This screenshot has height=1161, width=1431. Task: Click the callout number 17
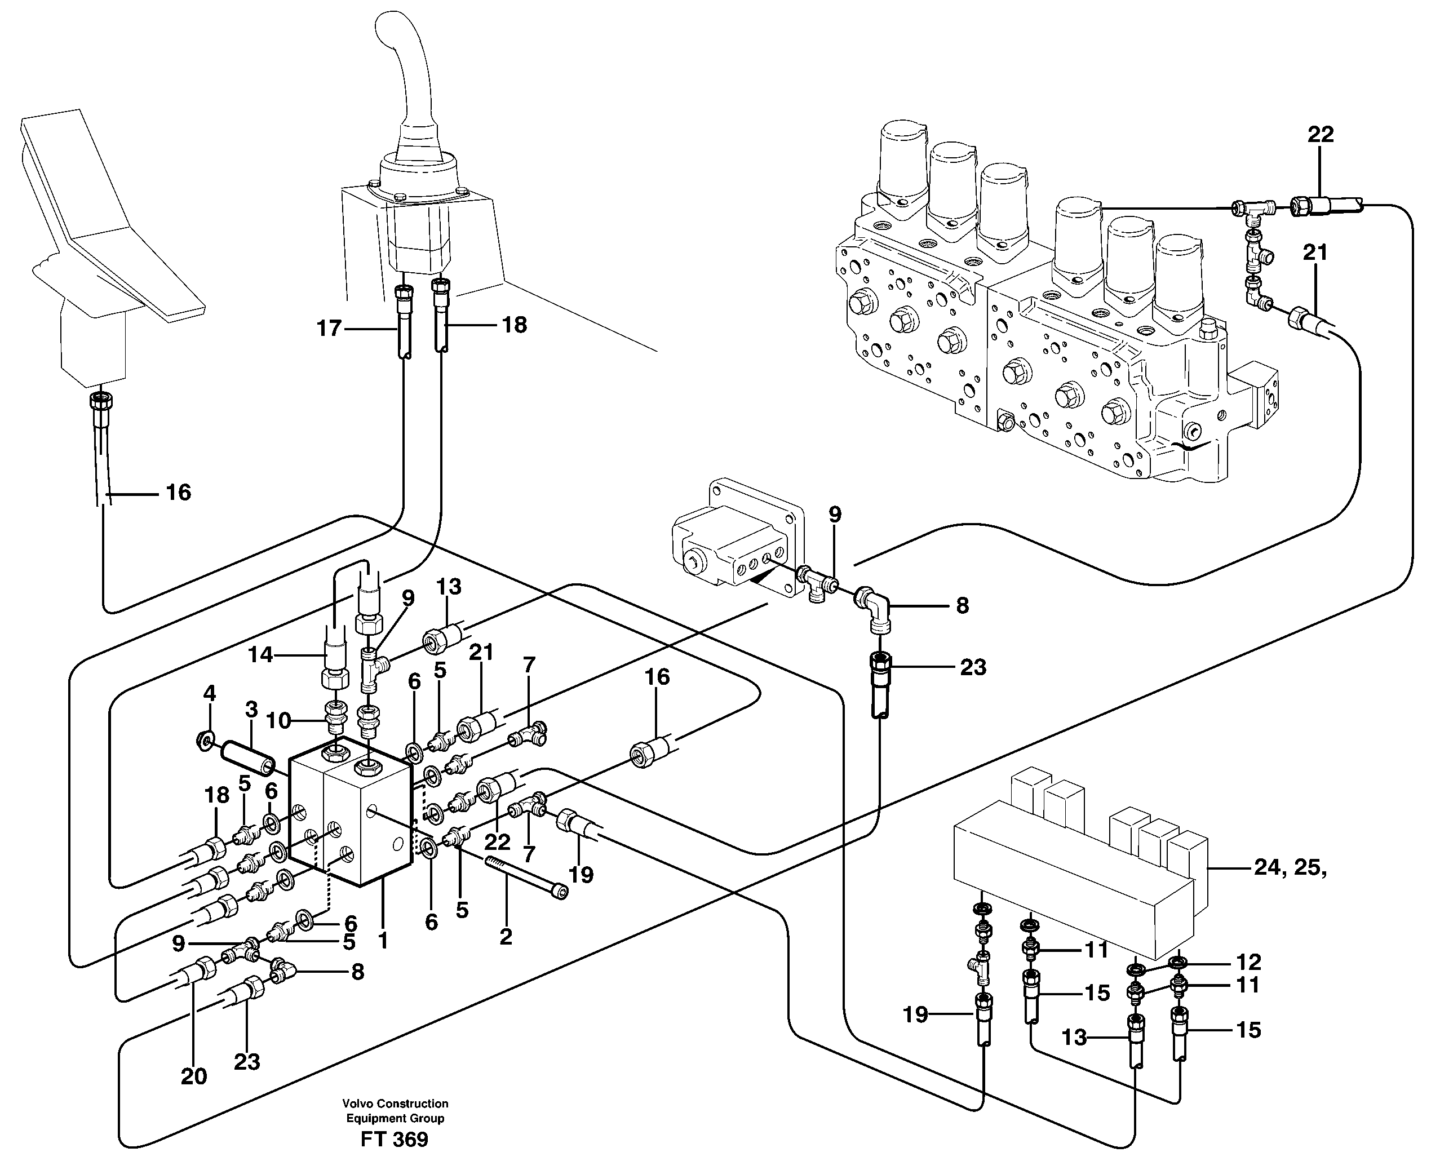coord(329,329)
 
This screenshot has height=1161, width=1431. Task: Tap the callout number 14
coord(260,655)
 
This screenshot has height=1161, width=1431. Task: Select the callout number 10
coord(278,720)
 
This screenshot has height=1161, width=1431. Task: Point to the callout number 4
coord(209,694)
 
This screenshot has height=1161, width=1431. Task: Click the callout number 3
coord(251,710)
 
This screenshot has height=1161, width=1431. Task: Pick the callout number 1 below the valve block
coord(383,940)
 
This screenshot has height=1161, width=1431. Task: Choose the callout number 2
coord(506,937)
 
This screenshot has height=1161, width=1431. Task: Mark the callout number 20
coord(194,1076)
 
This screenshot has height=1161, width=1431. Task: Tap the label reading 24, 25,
coord(1289,867)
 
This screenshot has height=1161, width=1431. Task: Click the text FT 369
coord(394,1139)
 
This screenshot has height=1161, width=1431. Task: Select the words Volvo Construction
coord(395,1104)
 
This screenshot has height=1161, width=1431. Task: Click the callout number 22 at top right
coord(1320,135)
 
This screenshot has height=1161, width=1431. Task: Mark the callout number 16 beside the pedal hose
coord(178,493)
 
